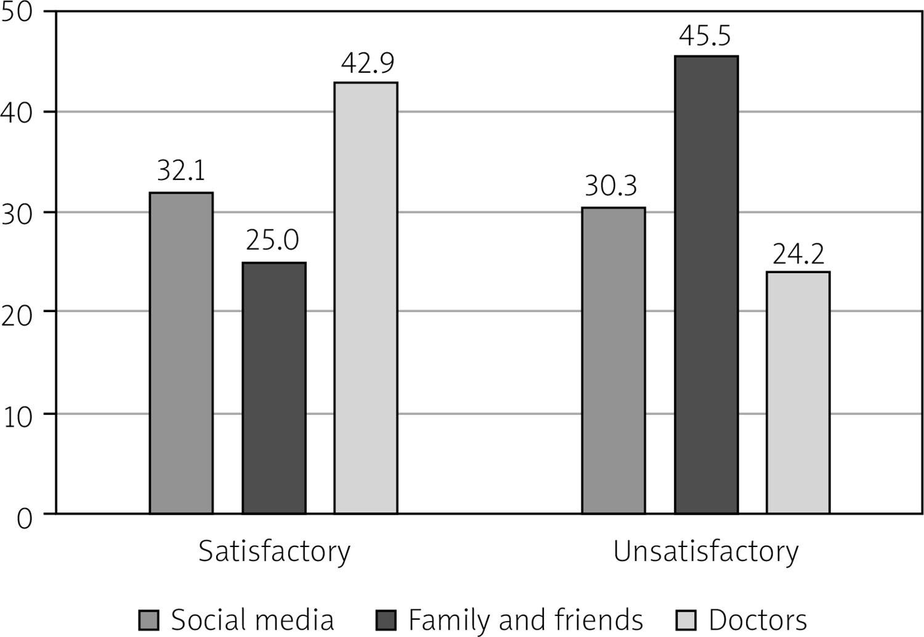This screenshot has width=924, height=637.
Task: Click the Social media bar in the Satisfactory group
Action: click(181, 353)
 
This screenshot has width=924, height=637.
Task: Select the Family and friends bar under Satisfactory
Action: click(274, 388)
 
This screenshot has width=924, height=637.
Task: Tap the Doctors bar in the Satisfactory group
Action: click(366, 298)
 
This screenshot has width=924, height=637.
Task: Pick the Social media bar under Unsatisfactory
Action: click(614, 360)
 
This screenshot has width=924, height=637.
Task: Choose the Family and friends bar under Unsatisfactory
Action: click(706, 284)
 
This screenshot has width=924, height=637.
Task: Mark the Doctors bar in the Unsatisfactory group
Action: click(798, 392)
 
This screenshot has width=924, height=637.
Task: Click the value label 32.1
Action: click(181, 171)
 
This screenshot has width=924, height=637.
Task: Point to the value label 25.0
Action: click(272, 240)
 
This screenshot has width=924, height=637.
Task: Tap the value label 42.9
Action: click(368, 63)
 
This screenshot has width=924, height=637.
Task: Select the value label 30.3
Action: click(611, 186)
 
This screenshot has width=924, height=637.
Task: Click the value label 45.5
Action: click(705, 36)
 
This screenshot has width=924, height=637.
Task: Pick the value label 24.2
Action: click(798, 254)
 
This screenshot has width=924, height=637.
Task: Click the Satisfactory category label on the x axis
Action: click(274, 551)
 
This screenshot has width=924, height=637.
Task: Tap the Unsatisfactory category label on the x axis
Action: click(706, 551)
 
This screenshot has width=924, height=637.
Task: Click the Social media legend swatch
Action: click(148, 620)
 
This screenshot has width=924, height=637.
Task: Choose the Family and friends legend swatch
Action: click(386, 620)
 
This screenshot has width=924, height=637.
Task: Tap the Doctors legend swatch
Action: click(686, 620)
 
